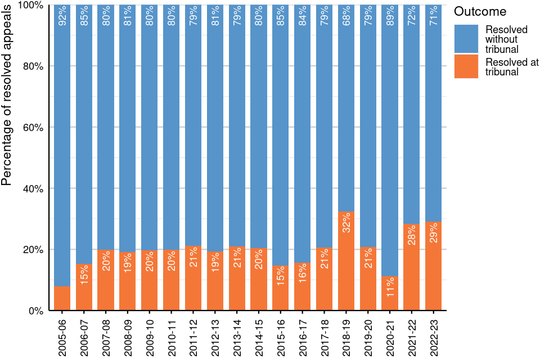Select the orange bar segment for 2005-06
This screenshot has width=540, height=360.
click(62, 299)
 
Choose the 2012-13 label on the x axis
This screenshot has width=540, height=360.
click(215, 336)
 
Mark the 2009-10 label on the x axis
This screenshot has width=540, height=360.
click(150, 336)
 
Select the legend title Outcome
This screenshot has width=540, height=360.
click(480, 12)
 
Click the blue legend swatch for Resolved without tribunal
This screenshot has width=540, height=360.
click(466, 39)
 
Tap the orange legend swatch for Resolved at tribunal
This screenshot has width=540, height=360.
click(466, 66)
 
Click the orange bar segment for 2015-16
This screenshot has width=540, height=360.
click(281, 292)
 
